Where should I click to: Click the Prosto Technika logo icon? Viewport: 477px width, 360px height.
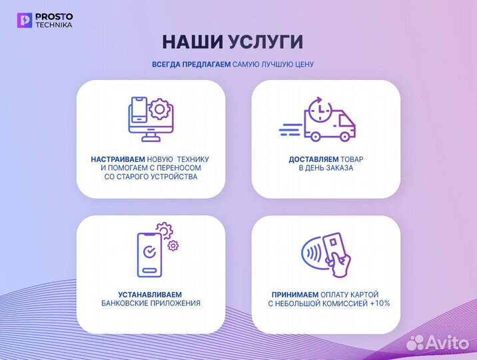click(25, 20)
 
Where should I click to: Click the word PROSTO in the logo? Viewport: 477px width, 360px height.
click(55, 16)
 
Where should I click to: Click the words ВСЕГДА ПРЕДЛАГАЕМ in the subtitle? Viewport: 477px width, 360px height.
click(191, 65)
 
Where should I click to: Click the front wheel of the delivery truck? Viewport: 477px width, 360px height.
click(344, 136)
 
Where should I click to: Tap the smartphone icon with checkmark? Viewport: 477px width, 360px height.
click(150, 253)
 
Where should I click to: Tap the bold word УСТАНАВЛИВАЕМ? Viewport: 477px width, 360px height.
click(141, 294)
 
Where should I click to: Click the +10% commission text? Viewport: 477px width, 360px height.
click(380, 303)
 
